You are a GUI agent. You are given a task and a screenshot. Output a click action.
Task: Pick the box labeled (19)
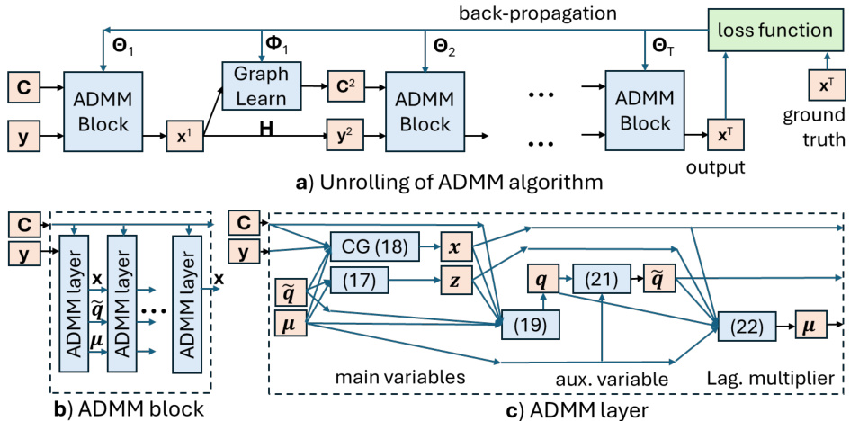pos(531,322)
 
